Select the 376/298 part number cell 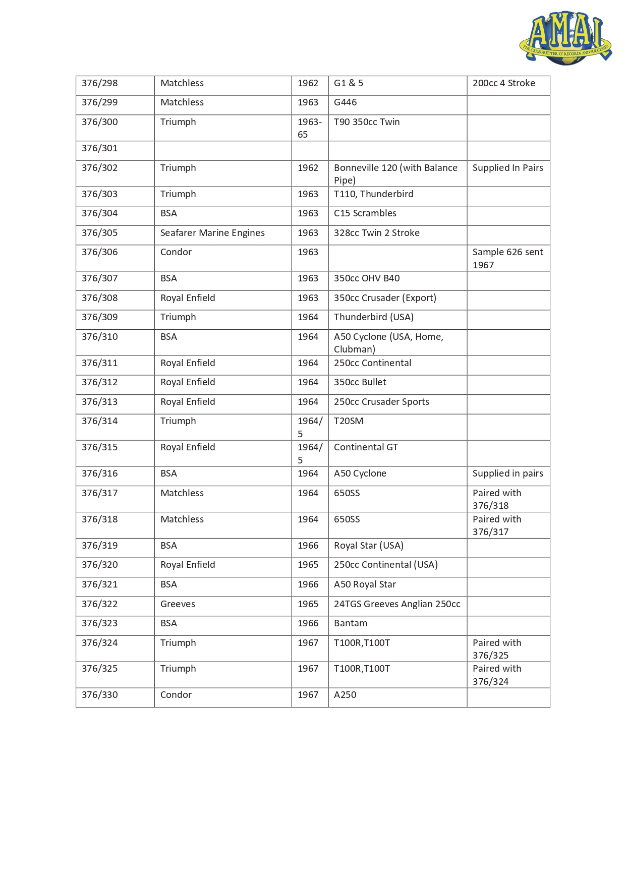pos(100,83)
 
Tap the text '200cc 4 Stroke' pos(503,83)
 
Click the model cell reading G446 pos(345,102)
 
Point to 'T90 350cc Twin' pos(367,122)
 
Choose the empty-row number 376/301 pos(100,148)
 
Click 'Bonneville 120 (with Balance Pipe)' pos(395,174)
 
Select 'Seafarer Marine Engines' pos(212,233)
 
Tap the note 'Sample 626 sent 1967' pos(507,258)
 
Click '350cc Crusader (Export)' pos(385,298)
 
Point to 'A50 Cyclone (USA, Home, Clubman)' pos(388,343)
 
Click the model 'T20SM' pos(349,421)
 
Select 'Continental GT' pos(366,447)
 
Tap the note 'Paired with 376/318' pos(497,499)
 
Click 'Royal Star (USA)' pos(368,546)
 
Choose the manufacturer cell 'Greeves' pos(178,604)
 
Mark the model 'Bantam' pos(351,623)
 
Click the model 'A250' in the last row pos(345,695)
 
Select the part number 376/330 pos(100,695)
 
